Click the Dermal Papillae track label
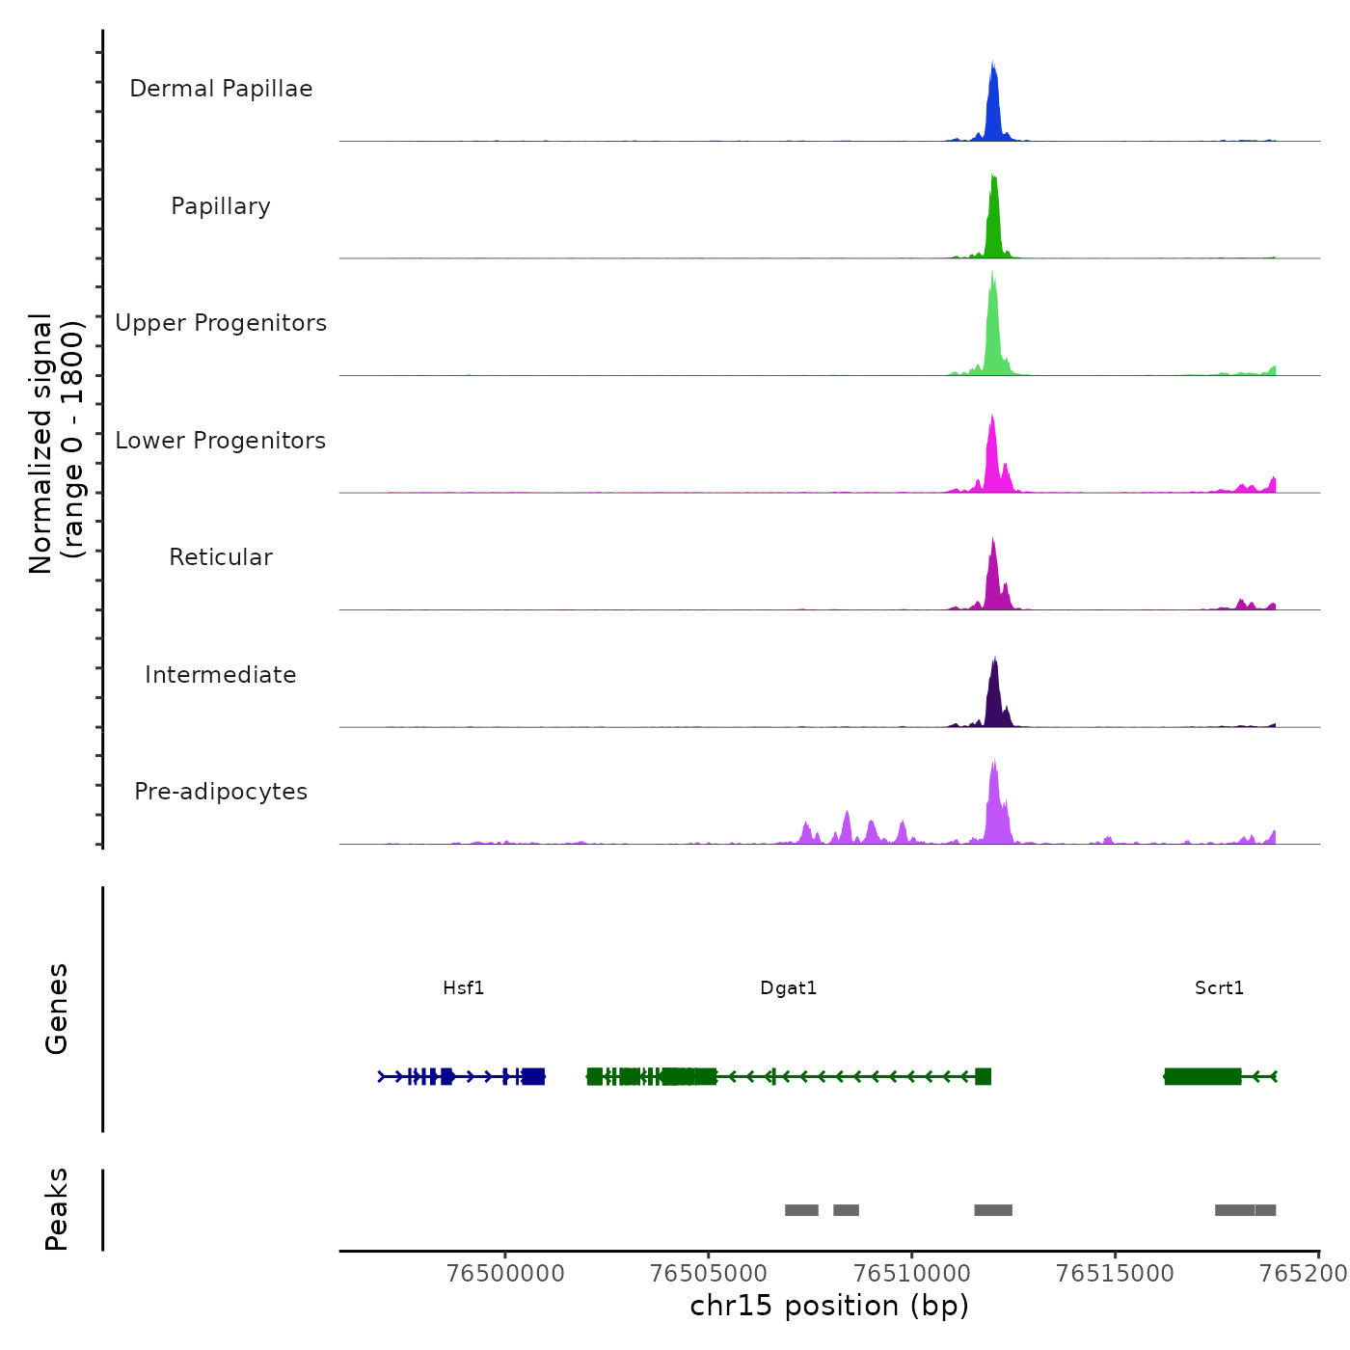(x=221, y=89)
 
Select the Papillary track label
(x=221, y=206)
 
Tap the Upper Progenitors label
(x=221, y=323)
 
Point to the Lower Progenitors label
(x=221, y=441)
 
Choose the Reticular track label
(x=221, y=557)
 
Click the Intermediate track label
(x=221, y=675)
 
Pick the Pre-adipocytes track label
(x=221, y=792)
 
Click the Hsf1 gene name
(x=464, y=988)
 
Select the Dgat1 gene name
(x=789, y=988)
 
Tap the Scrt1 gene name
(x=1219, y=988)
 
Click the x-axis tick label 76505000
(x=709, y=1274)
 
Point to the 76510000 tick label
(x=912, y=1274)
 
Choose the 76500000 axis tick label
(x=506, y=1274)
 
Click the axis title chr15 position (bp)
(x=829, y=1306)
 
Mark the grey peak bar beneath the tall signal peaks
(x=993, y=1210)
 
